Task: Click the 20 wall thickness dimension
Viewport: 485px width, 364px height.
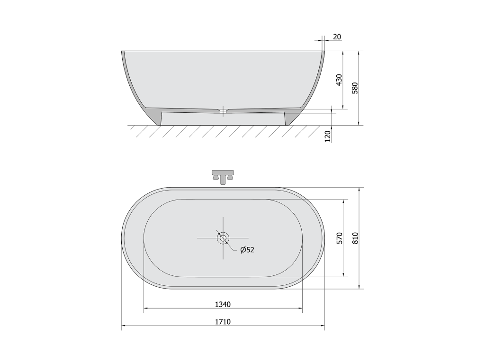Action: (x=337, y=37)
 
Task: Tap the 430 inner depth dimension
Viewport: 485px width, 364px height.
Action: (x=339, y=80)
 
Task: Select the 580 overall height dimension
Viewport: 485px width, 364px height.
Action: (x=355, y=88)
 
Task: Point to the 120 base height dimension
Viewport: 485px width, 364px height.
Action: (x=328, y=136)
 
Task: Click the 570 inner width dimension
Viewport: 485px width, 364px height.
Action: (x=339, y=238)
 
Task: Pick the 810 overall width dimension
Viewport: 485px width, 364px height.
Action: (x=355, y=238)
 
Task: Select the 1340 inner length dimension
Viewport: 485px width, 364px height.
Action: (x=223, y=305)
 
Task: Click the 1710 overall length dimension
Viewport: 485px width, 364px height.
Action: (x=223, y=322)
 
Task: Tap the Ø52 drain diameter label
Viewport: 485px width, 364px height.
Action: (x=247, y=250)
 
